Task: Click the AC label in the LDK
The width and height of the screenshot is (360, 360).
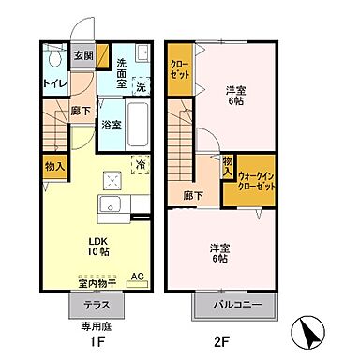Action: pyautogui.click(x=137, y=277)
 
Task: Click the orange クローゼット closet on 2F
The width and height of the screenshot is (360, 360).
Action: pyautogui.click(x=178, y=67)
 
